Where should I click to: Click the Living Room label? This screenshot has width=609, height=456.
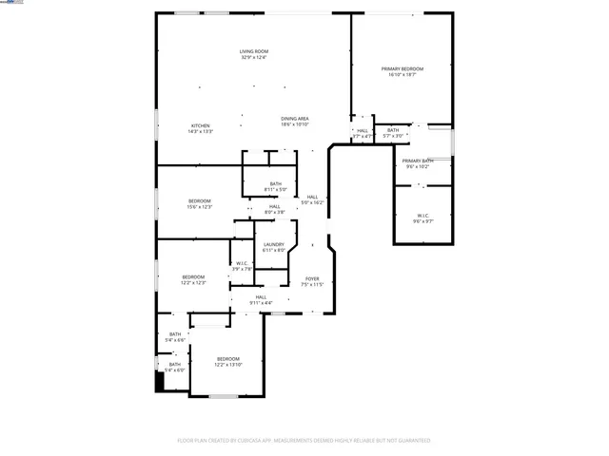(x=253, y=54)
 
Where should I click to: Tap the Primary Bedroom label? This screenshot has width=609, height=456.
(x=402, y=72)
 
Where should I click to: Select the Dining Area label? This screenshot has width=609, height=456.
(x=294, y=122)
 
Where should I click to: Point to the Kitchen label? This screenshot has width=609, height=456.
(x=200, y=128)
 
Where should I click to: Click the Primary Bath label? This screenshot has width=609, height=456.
(x=417, y=164)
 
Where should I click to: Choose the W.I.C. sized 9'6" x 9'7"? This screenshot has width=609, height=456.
(x=422, y=218)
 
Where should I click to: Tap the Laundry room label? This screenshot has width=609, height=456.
(x=274, y=247)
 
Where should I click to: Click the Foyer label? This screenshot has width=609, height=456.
(x=312, y=281)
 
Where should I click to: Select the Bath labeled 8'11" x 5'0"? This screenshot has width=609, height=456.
(x=275, y=186)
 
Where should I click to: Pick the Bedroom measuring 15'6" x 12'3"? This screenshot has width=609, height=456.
(x=199, y=203)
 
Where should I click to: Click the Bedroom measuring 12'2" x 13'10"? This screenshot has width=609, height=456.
(x=227, y=361)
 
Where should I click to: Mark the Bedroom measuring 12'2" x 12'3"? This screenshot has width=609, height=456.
(x=193, y=279)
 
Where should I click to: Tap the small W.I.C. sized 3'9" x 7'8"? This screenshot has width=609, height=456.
(x=242, y=266)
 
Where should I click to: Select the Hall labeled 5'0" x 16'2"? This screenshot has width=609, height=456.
(x=312, y=199)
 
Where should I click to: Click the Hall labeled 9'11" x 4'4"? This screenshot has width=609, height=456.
(x=260, y=300)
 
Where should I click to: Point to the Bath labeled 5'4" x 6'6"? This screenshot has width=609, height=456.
(x=175, y=336)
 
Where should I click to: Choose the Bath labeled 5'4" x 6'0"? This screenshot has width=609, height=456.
(x=175, y=367)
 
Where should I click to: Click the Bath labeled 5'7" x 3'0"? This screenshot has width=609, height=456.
(x=392, y=133)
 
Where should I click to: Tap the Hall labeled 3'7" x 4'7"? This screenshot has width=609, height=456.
(x=362, y=133)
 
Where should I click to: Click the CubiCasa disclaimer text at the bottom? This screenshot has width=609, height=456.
(x=304, y=441)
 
